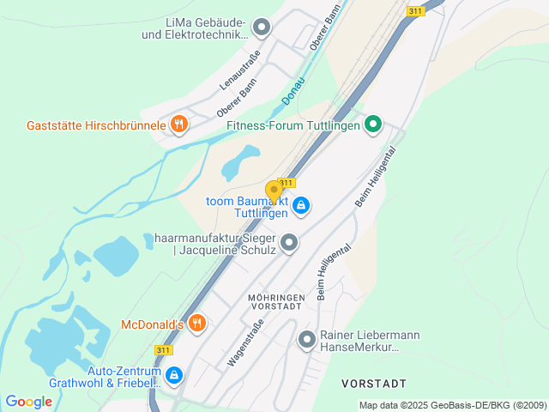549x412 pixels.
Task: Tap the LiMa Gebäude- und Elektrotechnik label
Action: click(x=196, y=27)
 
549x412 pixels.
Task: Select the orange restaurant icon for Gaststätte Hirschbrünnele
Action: click(x=178, y=124)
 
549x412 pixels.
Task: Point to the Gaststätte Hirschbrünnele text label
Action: click(x=96, y=125)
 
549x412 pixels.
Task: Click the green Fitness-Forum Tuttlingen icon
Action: click(x=373, y=124)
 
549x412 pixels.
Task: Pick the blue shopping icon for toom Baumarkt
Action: click(x=301, y=205)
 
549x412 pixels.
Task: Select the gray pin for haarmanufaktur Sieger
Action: click(x=289, y=243)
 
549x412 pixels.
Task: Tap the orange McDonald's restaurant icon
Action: click(x=197, y=324)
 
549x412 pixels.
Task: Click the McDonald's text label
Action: click(x=153, y=324)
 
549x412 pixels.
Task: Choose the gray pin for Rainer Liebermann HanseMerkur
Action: click(x=306, y=340)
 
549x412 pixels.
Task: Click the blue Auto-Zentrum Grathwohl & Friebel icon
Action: click(x=174, y=375)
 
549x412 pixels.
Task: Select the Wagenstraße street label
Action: click(x=244, y=342)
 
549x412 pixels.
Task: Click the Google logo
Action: click(x=28, y=402)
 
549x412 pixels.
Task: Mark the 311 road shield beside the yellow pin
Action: click(x=287, y=183)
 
